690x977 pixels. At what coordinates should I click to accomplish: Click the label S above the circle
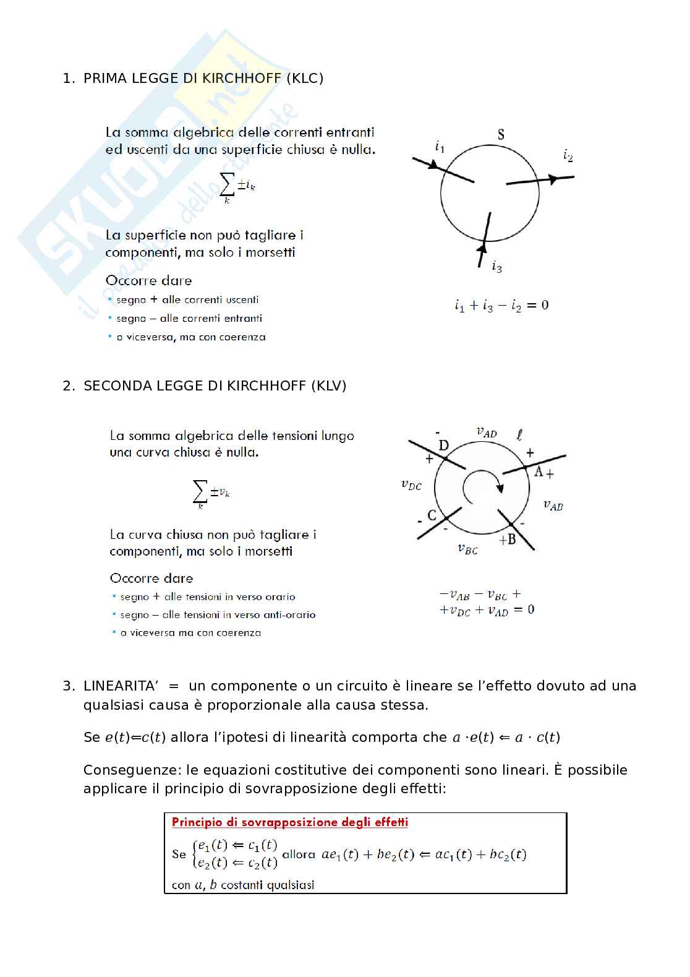pyautogui.click(x=501, y=134)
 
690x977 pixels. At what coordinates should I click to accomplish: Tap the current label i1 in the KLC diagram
pyautogui.click(x=440, y=147)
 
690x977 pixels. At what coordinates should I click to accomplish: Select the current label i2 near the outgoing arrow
pyautogui.click(x=568, y=155)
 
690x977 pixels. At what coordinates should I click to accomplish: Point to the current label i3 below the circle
pyautogui.click(x=496, y=267)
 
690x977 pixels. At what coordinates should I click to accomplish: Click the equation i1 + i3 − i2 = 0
pyautogui.click(x=501, y=305)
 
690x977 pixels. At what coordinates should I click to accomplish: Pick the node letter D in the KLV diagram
pyautogui.click(x=443, y=445)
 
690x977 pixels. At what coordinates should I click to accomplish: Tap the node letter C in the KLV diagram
pyautogui.click(x=432, y=515)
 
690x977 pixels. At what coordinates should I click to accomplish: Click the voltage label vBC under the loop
pyautogui.click(x=467, y=548)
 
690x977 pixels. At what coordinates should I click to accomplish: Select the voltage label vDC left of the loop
pyautogui.click(x=411, y=485)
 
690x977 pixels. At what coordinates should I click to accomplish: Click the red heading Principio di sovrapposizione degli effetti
pyautogui.click(x=290, y=822)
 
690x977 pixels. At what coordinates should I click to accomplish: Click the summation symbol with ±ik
pyautogui.click(x=237, y=186)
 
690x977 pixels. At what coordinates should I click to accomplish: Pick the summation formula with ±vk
pyautogui.click(x=211, y=493)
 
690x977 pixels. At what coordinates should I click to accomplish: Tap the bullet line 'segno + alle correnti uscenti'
pyautogui.click(x=187, y=300)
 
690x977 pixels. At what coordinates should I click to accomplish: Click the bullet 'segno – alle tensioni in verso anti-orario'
pyautogui.click(x=218, y=615)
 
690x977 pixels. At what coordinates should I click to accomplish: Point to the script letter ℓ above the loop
pyautogui.click(x=519, y=435)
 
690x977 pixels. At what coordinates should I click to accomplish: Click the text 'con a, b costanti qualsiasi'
pyautogui.click(x=243, y=885)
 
